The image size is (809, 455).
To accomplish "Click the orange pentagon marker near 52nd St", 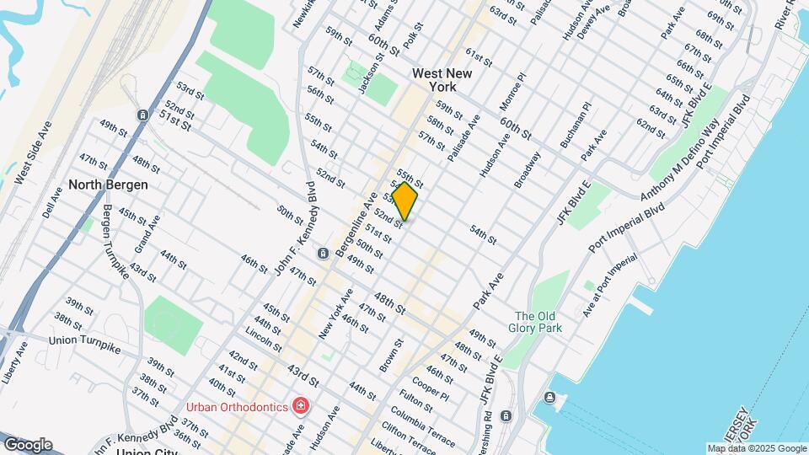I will pos(404,201).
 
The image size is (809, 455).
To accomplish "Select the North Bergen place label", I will pos(108,185).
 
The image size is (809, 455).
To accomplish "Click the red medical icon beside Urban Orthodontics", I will pos(301,407).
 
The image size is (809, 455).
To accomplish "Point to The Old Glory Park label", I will pos(538,323).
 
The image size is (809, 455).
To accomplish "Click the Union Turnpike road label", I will pos(85,340).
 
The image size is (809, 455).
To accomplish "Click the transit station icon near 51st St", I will pos(143,115).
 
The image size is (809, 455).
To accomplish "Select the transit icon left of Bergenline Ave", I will pos(322,254).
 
